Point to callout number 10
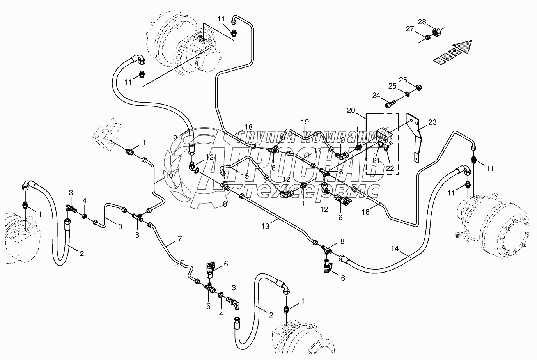coord(168,176)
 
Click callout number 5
coord(209,306)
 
